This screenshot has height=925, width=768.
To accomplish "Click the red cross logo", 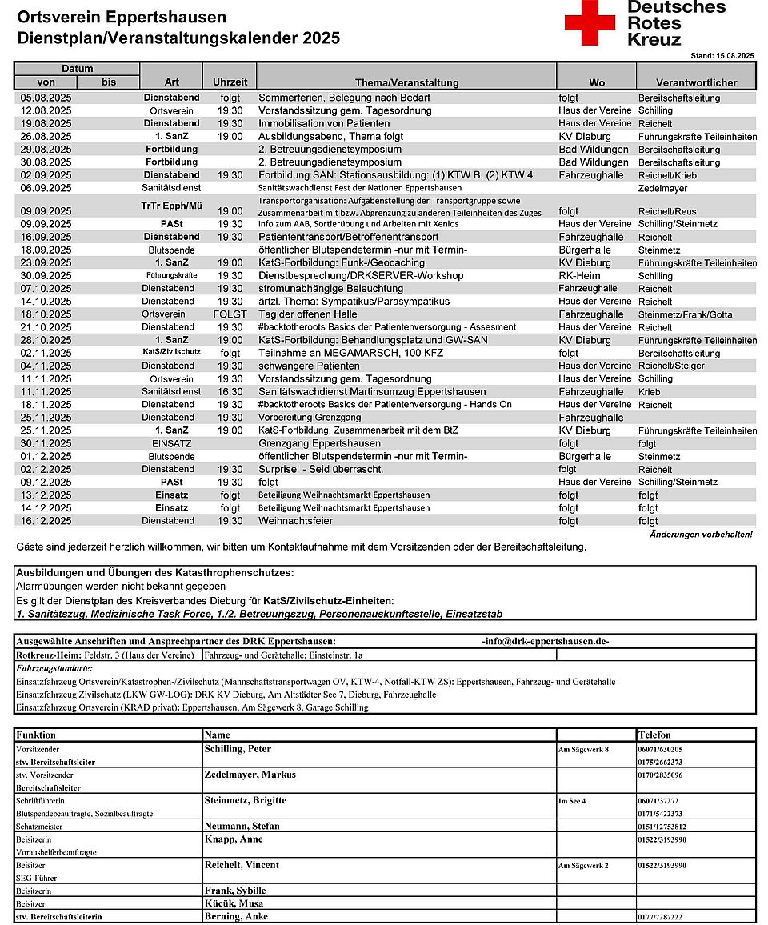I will pos(590,23).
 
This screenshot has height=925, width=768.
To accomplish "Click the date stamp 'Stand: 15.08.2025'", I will pos(722,56).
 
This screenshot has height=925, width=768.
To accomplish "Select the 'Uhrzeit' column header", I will pos(230,82).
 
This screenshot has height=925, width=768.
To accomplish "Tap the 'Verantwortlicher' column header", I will pos(696,82).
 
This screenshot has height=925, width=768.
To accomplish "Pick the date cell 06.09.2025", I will pos(46,188).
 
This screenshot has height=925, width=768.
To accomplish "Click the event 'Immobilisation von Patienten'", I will pos(324,124).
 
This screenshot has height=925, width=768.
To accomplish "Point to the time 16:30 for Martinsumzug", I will pos(230,392).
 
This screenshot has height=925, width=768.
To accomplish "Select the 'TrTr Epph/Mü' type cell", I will pos(171,206).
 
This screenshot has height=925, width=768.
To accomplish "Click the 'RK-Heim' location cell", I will pos(579,276).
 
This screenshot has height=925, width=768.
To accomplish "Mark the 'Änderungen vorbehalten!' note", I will pos(701,534).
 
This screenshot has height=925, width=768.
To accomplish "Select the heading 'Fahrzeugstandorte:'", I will pos(54,667).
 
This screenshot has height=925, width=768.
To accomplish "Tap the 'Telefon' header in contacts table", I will pos(654,735).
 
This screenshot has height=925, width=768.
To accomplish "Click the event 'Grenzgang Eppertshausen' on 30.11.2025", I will pos(319,443).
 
